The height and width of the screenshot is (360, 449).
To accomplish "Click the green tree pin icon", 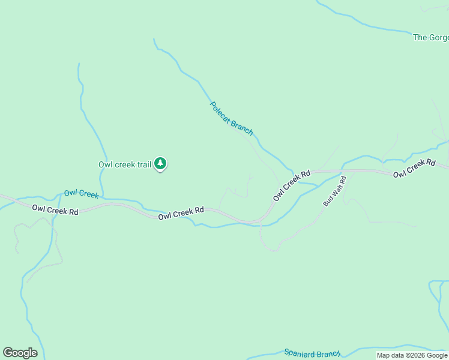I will click(160, 163).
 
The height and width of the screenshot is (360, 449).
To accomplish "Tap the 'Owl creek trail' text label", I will click(125, 164).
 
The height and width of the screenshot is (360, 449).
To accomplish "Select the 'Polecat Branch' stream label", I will click(231, 118).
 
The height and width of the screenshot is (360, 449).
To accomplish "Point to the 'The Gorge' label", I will click(430, 37).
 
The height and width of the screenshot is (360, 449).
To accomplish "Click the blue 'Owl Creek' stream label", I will click(81, 193).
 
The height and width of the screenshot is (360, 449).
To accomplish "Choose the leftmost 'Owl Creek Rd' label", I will click(55, 211).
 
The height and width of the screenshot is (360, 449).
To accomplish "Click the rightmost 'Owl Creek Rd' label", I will click(414, 169).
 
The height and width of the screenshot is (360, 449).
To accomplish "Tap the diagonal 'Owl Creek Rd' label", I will click(292, 185).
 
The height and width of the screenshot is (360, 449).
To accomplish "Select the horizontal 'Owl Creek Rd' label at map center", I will click(181, 213).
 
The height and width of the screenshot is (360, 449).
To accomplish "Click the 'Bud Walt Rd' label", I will click(334, 191).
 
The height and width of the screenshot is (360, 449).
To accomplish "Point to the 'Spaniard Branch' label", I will click(312, 353).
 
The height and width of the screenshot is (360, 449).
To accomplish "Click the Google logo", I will click(20, 353).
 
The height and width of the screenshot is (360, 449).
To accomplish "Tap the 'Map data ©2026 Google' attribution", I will click(412, 356).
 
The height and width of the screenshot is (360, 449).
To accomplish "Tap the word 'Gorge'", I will click(439, 37).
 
